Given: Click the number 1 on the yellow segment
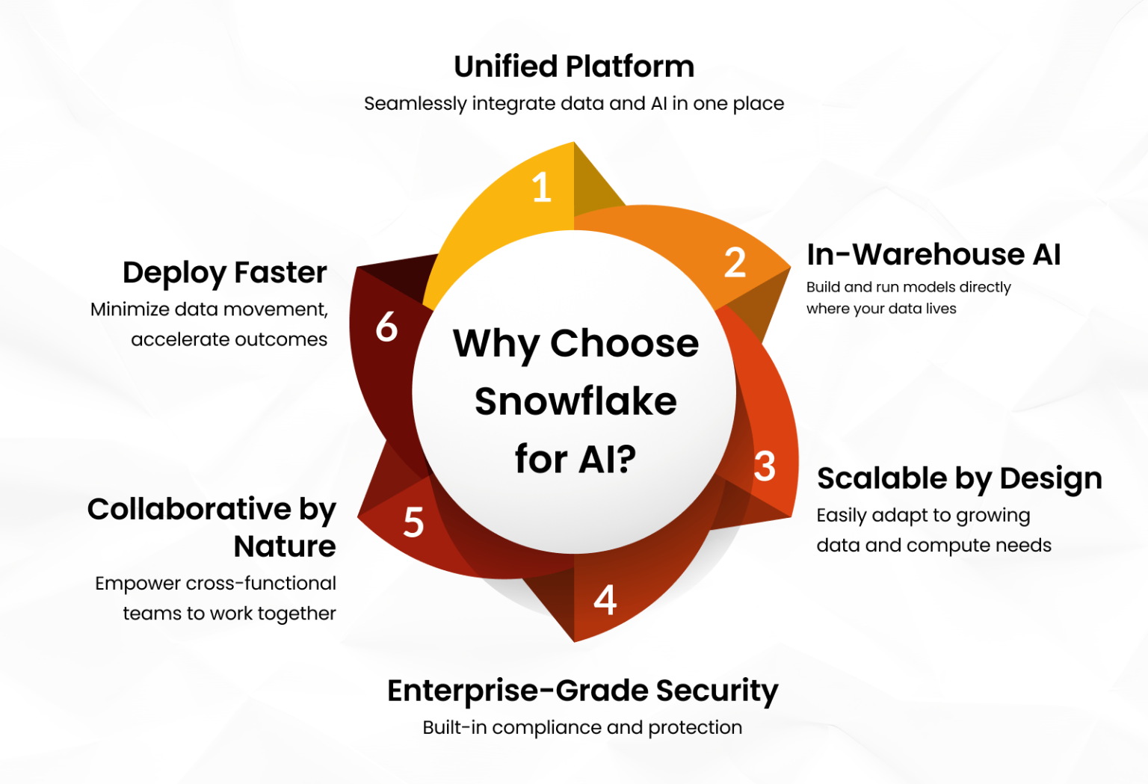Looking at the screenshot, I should tap(542, 187).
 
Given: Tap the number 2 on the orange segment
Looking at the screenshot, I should tap(735, 263).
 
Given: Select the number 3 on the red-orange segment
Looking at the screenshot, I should tap(765, 466).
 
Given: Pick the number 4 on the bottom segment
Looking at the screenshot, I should tap(605, 599).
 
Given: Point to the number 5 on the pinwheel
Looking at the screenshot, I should tap(413, 522).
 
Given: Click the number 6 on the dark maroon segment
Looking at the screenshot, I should tap(386, 327).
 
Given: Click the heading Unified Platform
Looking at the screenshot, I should tap(574, 67).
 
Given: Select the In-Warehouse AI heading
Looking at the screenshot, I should tap(933, 255).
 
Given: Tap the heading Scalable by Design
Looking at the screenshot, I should tap(959, 478).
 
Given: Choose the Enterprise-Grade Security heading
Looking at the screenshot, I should tap(582, 691).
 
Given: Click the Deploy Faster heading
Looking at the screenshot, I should tap(225, 273).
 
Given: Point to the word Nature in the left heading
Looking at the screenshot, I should tap(285, 546).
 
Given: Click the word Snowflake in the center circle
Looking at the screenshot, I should tap(575, 401).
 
